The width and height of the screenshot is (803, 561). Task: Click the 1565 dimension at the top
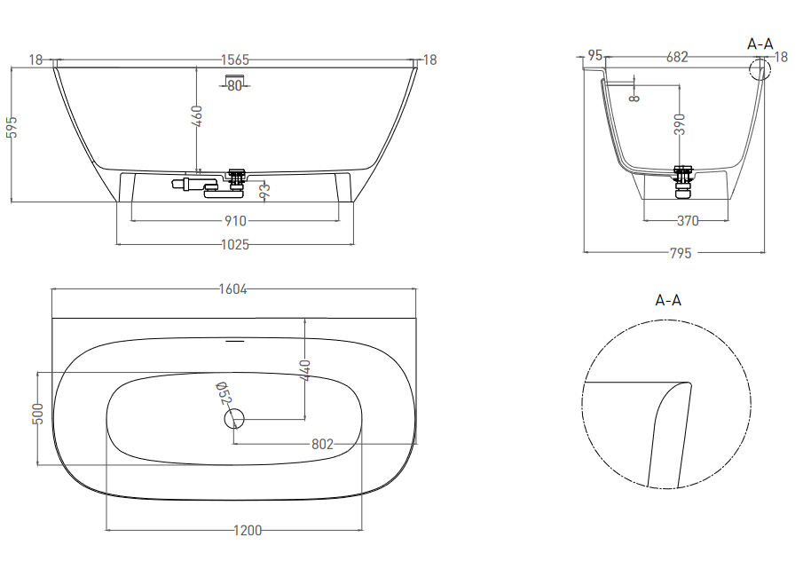point(235,60)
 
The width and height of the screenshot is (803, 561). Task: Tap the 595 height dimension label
point(12,127)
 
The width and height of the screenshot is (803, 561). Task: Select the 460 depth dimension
point(197,115)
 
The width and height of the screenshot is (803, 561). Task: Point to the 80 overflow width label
point(234,85)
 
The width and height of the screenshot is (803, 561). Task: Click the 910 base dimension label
point(235,221)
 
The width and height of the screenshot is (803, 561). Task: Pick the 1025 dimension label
point(235,245)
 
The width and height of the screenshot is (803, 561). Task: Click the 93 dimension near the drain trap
point(264,191)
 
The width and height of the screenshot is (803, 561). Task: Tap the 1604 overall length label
point(233,289)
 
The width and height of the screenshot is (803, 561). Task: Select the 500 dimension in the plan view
point(38,414)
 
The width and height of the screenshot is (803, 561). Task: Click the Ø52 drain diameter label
point(224,393)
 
